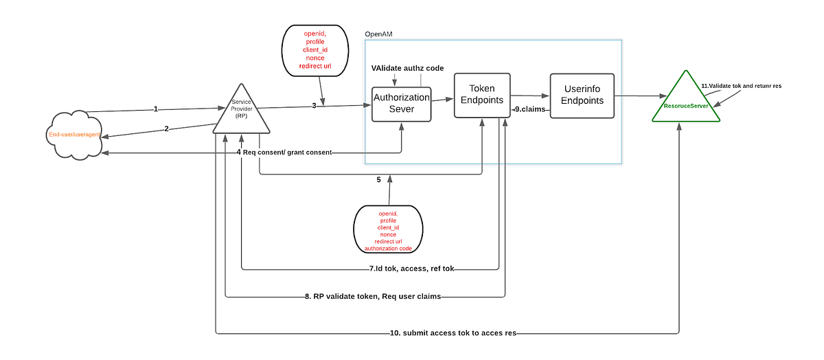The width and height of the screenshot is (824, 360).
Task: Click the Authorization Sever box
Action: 401,104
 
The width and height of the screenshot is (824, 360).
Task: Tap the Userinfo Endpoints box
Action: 582,95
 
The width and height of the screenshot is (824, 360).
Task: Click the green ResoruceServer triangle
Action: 685,103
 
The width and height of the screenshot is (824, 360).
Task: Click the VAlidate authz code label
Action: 407,68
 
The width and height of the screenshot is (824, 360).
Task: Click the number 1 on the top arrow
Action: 155,109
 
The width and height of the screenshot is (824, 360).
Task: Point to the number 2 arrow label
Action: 166,128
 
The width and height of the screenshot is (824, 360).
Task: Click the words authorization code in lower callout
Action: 387,247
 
